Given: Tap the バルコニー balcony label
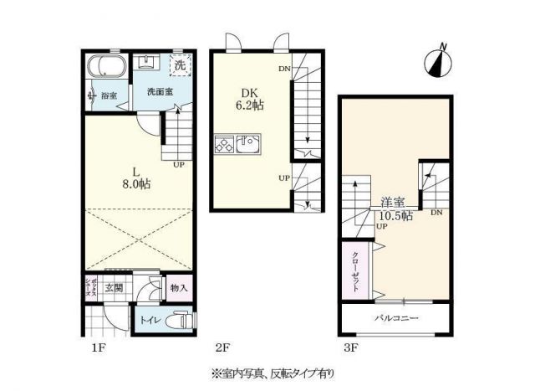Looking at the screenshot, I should (x=396, y=319).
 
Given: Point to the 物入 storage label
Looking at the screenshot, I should (x=179, y=288).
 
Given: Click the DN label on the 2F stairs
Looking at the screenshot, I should (x=284, y=69).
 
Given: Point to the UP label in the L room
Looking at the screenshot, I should (x=179, y=165).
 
